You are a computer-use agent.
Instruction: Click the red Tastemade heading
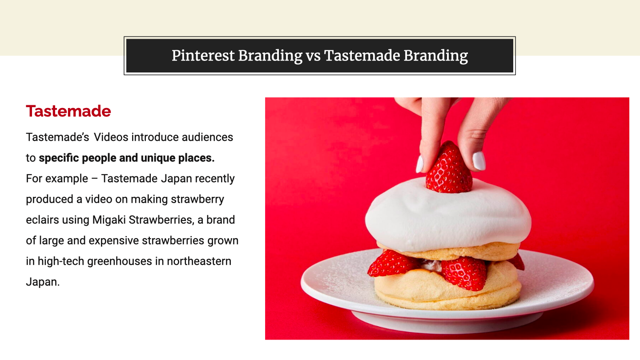point(68,111)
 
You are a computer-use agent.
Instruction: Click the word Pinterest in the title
point(203,56)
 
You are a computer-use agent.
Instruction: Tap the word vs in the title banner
point(313,56)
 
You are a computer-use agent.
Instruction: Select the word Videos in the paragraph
point(111,137)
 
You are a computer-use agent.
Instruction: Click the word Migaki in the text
point(109,220)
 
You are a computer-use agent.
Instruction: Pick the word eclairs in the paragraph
point(42,220)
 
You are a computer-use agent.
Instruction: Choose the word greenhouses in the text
point(120,262)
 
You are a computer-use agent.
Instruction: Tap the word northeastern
point(199,261)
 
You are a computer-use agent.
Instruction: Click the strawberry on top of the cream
point(449,168)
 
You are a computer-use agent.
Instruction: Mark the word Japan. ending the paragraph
point(43,282)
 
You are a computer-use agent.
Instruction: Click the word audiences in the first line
point(207,137)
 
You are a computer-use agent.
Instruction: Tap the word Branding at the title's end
point(436,56)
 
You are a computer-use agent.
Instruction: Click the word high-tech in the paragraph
point(61,262)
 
